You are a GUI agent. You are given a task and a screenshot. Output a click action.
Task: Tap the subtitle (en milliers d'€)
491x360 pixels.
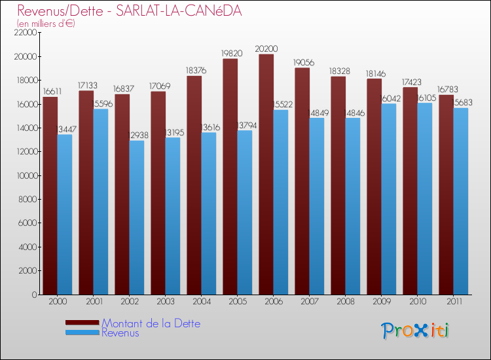[x=46, y=24]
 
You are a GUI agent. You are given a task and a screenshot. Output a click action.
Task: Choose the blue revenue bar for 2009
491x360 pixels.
[x=388, y=199]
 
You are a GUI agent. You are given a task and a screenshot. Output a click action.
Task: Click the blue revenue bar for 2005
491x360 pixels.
[x=244, y=212]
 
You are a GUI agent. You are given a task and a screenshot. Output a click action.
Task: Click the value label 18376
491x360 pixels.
[x=194, y=70]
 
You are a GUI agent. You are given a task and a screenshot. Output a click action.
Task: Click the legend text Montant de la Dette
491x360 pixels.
[x=151, y=323]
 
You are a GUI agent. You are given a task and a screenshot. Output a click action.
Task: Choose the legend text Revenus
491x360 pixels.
[x=120, y=333]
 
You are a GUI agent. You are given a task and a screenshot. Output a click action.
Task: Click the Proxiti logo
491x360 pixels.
[x=415, y=330]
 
